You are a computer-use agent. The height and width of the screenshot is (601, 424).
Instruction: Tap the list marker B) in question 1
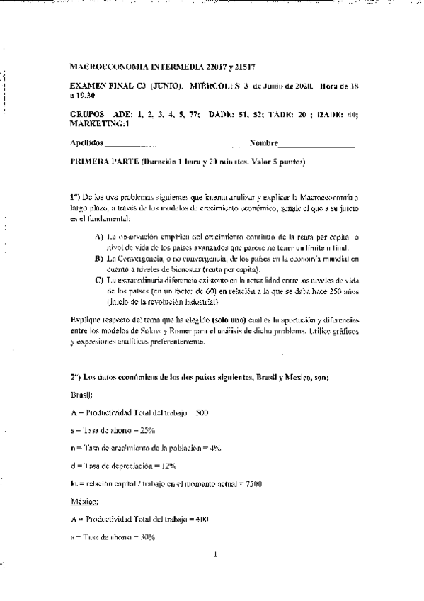(x=98, y=259)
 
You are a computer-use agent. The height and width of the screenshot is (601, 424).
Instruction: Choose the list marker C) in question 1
(x=98, y=281)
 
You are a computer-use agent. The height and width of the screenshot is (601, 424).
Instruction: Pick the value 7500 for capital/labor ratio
(x=253, y=484)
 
